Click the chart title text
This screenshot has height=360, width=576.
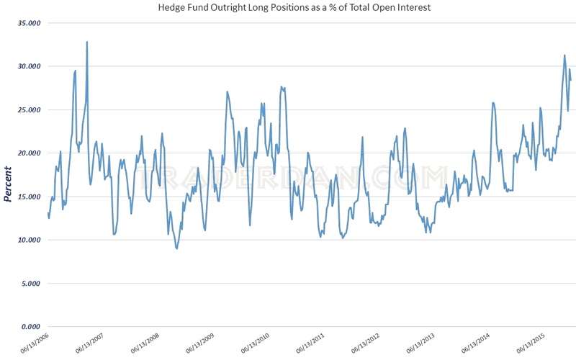pyautogui.click(x=288, y=8)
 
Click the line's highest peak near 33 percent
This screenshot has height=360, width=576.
pyautogui.click(x=87, y=42)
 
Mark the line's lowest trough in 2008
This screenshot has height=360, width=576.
pyautogui.click(x=176, y=248)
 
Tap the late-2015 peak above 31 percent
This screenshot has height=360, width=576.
pyautogui.click(x=564, y=55)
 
